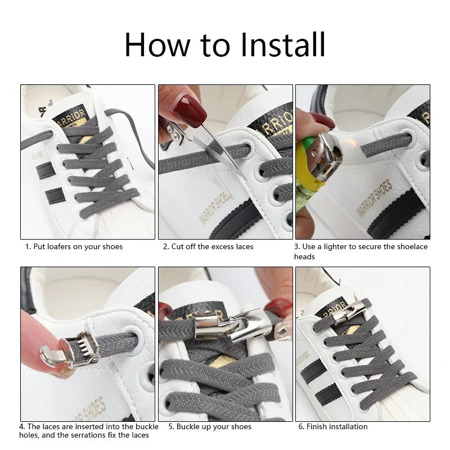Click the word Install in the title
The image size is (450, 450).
coord(283,45)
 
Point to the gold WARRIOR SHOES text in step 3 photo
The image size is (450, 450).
coord(375,198)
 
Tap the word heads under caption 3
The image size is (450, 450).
coord(304,256)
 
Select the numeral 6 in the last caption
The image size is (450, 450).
coord(301,427)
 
